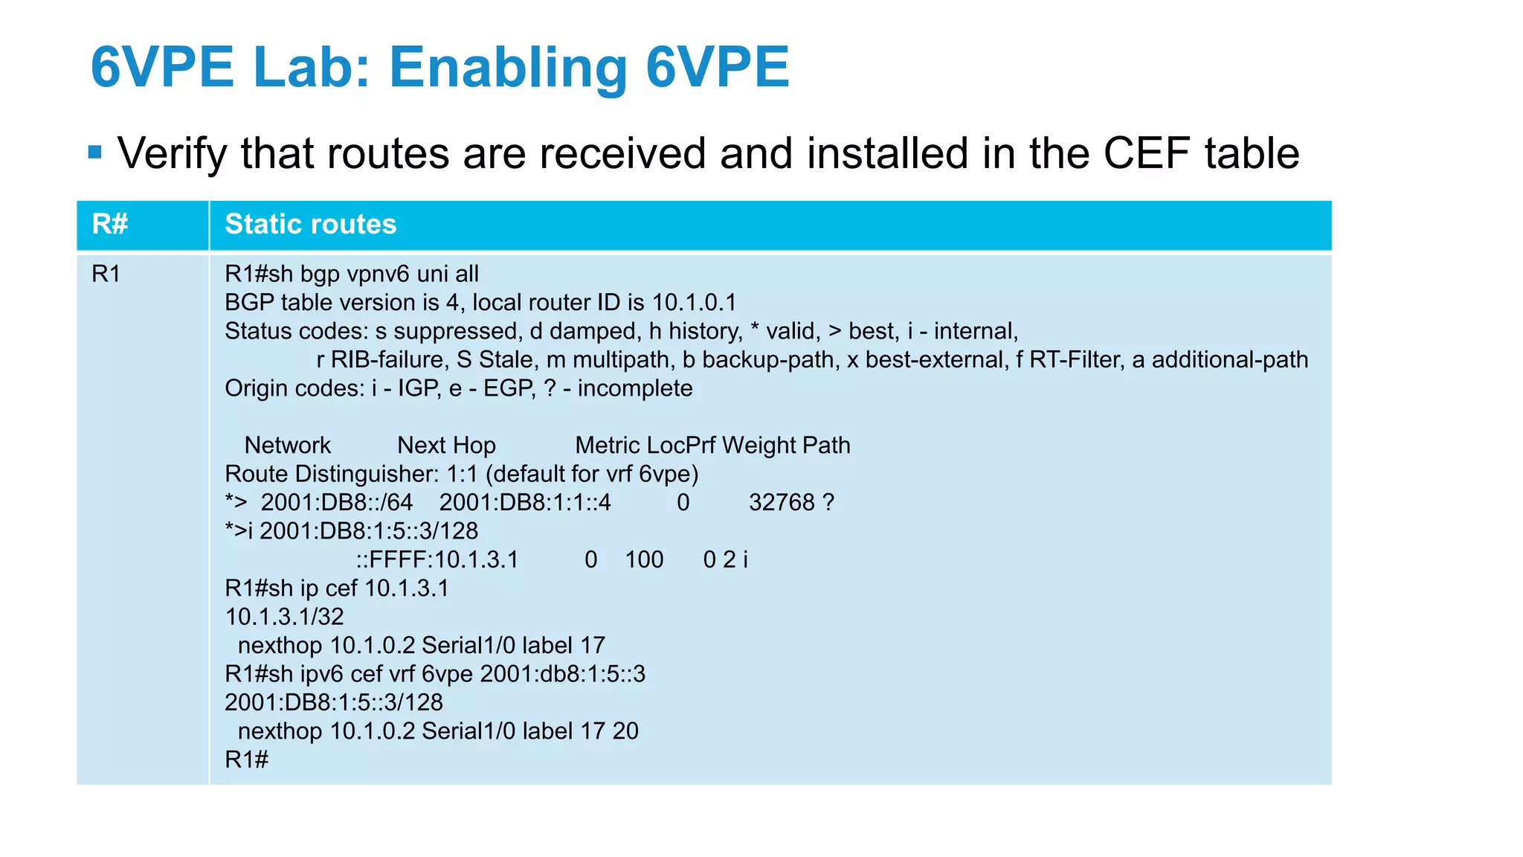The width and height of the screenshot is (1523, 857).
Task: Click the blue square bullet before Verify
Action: pyautogui.click(x=94, y=153)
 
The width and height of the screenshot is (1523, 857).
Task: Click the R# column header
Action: pyautogui.click(x=110, y=224)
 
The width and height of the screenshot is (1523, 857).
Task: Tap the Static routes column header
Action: pyautogui.click(x=311, y=224)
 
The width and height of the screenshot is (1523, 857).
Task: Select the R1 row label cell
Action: pyautogui.click(x=106, y=274)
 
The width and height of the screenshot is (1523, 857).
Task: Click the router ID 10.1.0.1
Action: pyautogui.click(x=694, y=303)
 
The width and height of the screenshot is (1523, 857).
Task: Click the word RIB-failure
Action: pyautogui.click(x=387, y=360)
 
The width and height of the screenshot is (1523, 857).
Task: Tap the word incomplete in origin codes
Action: pyautogui.click(x=635, y=388)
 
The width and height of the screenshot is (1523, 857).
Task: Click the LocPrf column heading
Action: pyautogui.click(x=681, y=445)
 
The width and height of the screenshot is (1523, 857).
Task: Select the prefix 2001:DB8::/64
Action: pyautogui.click(x=336, y=502)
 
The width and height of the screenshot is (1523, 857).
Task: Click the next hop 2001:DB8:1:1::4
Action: pyautogui.click(x=525, y=502)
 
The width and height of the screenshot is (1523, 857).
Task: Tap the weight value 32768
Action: pyautogui.click(x=782, y=502)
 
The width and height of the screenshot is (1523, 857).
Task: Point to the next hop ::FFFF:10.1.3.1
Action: pyautogui.click(x=437, y=559)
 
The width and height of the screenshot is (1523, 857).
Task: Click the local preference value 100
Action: pyautogui.click(x=644, y=559)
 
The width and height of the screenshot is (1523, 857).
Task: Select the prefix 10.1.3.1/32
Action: pyautogui.click(x=284, y=617)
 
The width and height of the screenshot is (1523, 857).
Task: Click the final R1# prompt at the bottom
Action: pyautogui.click(x=246, y=760)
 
